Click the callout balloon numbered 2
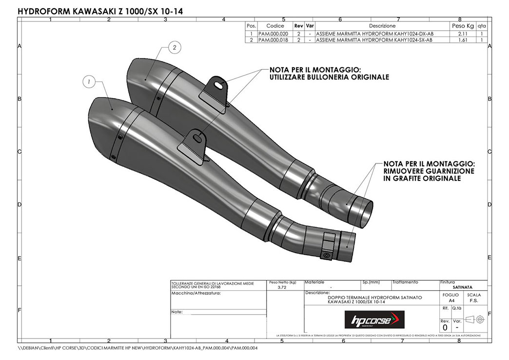(x=175, y=47)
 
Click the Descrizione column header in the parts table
(x=382, y=26)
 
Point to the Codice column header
(x=275, y=26)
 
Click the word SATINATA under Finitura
(x=463, y=288)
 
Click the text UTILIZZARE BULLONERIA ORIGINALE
(x=329, y=77)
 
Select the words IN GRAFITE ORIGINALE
(x=422, y=179)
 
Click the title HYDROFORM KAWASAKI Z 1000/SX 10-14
(x=101, y=10)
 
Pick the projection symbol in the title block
(x=474, y=320)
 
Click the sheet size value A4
(x=451, y=301)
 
